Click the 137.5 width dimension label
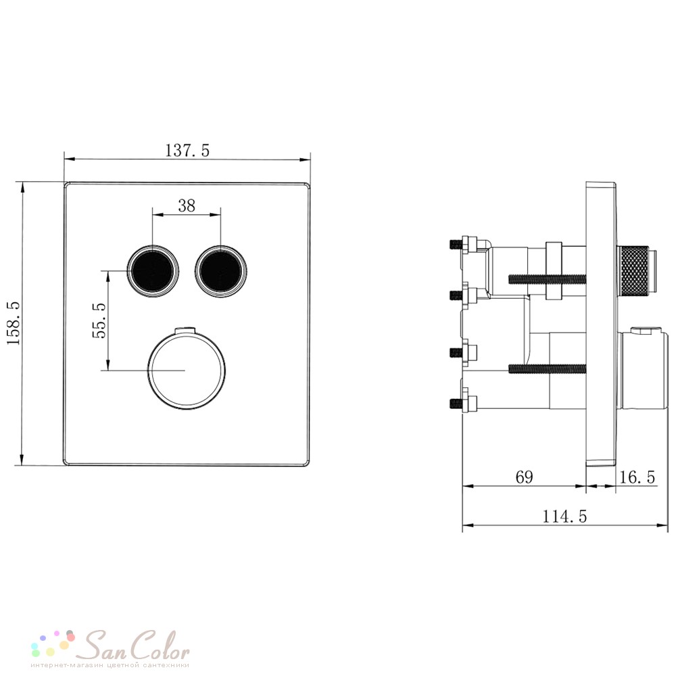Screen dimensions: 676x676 187,151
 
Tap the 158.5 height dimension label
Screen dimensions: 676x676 14,323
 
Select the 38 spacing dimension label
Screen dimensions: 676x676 187,206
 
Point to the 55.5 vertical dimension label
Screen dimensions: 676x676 99,320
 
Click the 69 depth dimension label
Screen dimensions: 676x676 525,477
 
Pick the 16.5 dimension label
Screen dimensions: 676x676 637,477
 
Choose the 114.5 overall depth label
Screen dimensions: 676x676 564,516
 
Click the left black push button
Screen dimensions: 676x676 153,271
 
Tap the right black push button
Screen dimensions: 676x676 221,271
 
